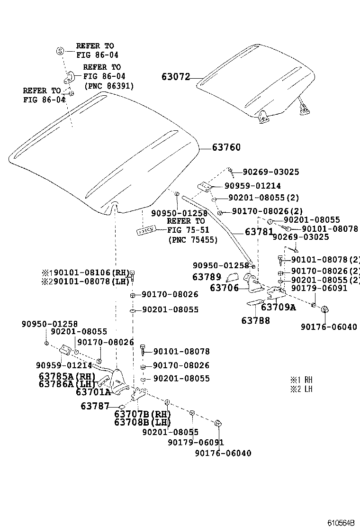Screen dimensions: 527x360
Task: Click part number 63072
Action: click(x=175, y=77)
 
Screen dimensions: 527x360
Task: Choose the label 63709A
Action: click(x=278, y=307)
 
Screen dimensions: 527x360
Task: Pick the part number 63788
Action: click(x=255, y=321)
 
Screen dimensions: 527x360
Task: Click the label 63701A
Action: click(x=93, y=392)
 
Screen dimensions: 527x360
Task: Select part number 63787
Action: click(x=95, y=406)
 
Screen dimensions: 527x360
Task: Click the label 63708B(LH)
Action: click(x=142, y=422)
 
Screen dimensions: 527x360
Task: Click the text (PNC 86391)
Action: click(x=109, y=86)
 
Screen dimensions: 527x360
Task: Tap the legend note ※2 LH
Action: click(x=301, y=389)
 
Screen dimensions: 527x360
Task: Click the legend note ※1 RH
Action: click(x=301, y=380)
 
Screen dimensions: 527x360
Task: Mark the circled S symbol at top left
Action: click(x=60, y=51)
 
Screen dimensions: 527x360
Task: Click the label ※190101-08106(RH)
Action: click(x=85, y=273)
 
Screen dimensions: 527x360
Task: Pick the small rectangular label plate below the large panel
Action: click(x=146, y=231)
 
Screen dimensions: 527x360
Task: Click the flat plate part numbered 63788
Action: click(x=255, y=302)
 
